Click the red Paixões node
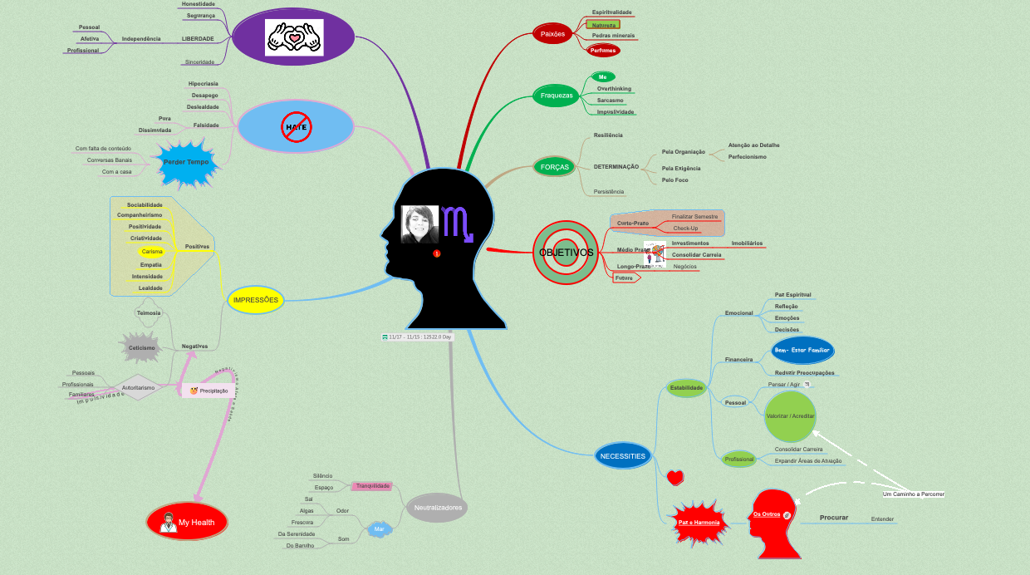click(x=552, y=34)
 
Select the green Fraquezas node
click(x=557, y=96)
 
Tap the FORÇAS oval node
click(x=555, y=167)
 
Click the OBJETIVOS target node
click(x=566, y=252)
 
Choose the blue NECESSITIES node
click(x=622, y=455)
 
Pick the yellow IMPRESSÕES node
click(x=256, y=299)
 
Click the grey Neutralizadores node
click(x=437, y=507)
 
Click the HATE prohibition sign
click(x=296, y=127)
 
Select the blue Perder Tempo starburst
click(x=186, y=162)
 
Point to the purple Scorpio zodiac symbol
click(x=458, y=223)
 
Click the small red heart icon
click(x=675, y=478)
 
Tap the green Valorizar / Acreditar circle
click(x=791, y=415)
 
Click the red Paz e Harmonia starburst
click(x=698, y=522)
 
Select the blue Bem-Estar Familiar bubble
click(x=802, y=350)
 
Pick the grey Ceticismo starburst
click(x=141, y=347)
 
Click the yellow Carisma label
click(x=152, y=251)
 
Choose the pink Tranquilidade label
click(x=371, y=486)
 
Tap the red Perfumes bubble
click(x=603, y=51)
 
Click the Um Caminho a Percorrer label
click(x=913, y=494)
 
